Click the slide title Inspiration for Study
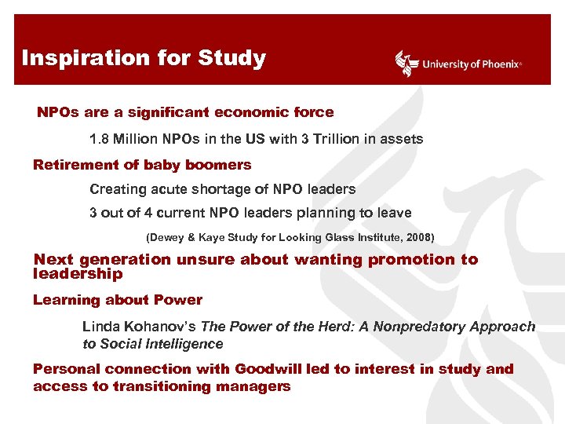coord(144,58)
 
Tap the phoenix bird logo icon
coord(406,64)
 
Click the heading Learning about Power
coord(118,300)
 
